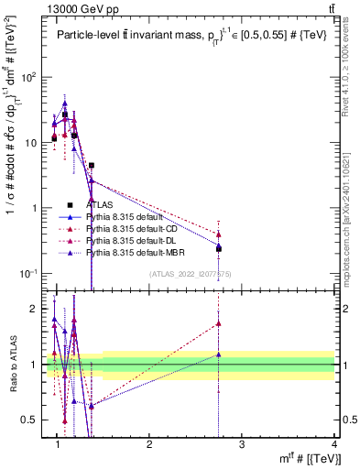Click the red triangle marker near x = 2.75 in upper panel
[219, 234]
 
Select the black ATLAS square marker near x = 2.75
[219, 248]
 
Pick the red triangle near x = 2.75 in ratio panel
[219, 322]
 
